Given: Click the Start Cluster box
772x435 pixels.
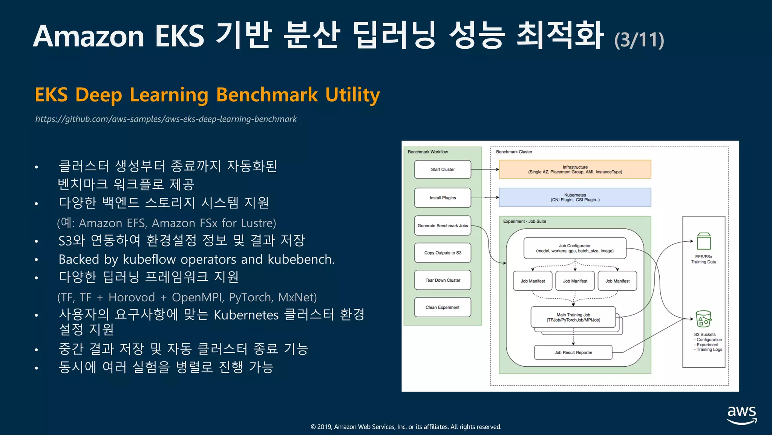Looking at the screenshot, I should (x=443, y=170).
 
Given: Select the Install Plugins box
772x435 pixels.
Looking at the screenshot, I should (x=443, y=198).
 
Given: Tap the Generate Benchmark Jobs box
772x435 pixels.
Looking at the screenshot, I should (x=443, y=226).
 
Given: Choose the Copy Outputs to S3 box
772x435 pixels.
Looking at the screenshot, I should (x=443, y=253).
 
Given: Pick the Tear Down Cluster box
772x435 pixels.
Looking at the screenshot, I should (x=443, y=280).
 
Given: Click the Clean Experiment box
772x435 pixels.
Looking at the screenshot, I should (x=443, y=307).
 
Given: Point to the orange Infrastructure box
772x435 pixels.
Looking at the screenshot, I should (x=575, y=170).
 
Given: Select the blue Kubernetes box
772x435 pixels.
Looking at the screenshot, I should (x=575, y=197).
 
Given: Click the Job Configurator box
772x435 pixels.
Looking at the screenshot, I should (x=575, y=248).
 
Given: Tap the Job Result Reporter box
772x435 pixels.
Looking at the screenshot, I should (x=573, y=353).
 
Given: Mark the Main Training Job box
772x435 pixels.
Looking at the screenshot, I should (x=573, y=317).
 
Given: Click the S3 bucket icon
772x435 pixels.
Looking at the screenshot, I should (x=703, y=319).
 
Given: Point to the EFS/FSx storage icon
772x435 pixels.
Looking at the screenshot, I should (x=704, y=241).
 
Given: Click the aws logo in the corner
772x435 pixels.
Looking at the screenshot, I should (x=741, y=415).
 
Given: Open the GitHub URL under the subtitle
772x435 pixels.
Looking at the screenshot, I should (x=166, y=119).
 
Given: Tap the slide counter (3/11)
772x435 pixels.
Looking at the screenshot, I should (x=639, y=40).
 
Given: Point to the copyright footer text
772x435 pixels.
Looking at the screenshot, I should (x=406, y=427).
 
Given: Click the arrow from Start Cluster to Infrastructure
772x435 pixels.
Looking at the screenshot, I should (x=485, y=170).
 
